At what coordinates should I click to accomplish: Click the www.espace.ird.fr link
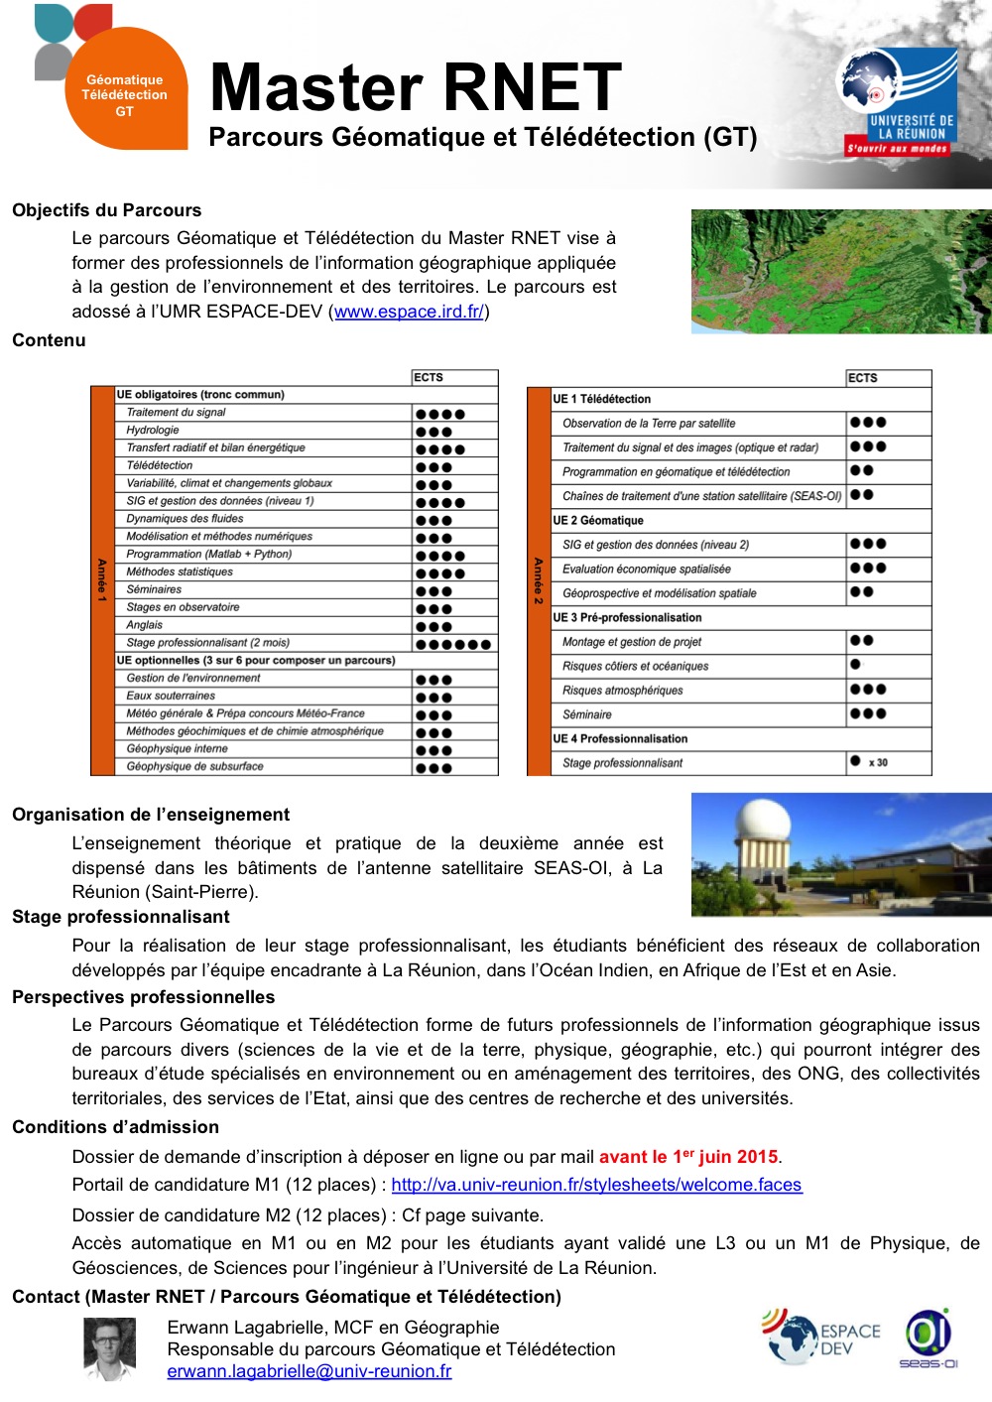tap(409, 312)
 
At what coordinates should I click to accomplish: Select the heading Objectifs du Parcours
tap(106, 210)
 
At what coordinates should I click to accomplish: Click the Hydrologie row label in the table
tap(153, 431)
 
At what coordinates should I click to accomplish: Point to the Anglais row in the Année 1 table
tap(145, 625)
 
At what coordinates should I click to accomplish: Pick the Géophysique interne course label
tap(177, 749)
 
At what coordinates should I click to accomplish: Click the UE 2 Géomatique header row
tap(598, 520)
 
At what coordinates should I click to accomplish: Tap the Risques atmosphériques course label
tap(622, 691)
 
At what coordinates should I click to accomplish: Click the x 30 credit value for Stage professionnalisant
tap(878, 763)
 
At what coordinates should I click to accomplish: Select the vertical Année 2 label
tap(539, 581)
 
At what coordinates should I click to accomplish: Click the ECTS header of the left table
tap(429, 378)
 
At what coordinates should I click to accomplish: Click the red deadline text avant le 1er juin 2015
tap(688, 1157)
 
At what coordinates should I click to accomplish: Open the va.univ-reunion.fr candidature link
tap(596, 1185)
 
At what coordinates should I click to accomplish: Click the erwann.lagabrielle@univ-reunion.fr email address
tap(309, 1371)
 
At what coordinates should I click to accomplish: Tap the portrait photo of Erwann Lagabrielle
tap(109, 1348)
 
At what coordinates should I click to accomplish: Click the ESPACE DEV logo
tap(821, 1338)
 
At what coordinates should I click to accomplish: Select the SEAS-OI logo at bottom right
tap(929, 1338)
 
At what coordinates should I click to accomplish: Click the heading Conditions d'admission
tap(115, 1127)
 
